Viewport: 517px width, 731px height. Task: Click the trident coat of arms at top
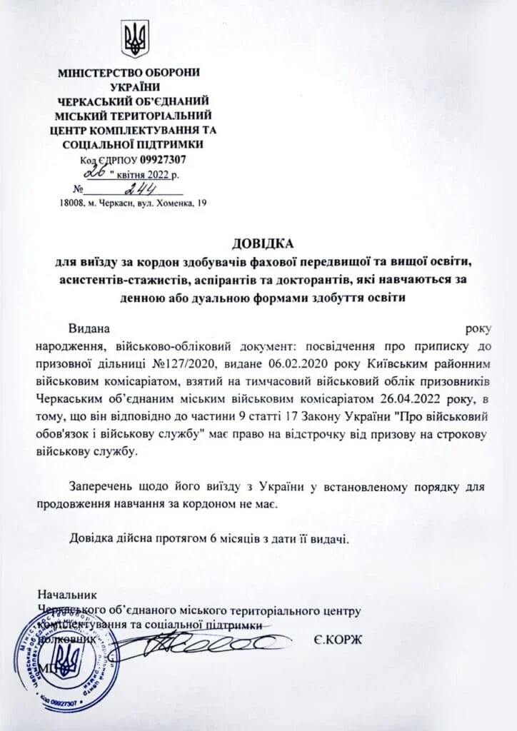coord(134,39)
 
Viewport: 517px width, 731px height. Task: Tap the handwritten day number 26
coord(95,173)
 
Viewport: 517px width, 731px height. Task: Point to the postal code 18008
coord(74,203)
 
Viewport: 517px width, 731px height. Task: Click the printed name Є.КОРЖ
coord(338,639)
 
